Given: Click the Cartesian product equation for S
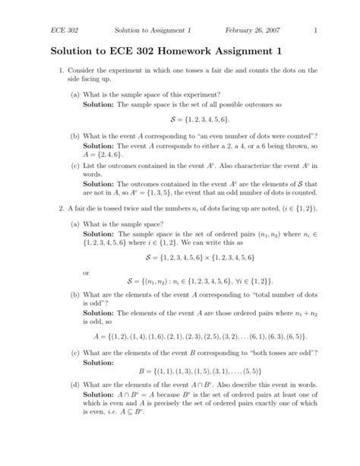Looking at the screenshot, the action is point(199,258).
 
